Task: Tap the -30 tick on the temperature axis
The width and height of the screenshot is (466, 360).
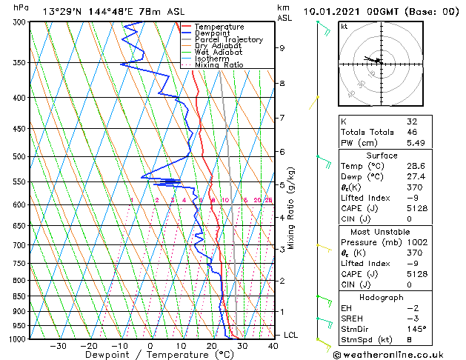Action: coord(58,346)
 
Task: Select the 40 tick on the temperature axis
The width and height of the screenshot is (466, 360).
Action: coord(273,346)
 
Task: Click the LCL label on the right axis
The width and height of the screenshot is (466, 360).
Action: coord(291,336)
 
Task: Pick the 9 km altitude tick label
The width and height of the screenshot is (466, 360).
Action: coord(282,48)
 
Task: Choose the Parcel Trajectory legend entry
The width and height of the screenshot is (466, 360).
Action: coord(228,40)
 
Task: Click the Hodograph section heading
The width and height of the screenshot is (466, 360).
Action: coord(382,297)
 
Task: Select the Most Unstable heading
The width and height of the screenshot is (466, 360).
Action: coord(382,232)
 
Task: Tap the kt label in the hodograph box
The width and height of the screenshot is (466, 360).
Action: coord(344,26)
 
